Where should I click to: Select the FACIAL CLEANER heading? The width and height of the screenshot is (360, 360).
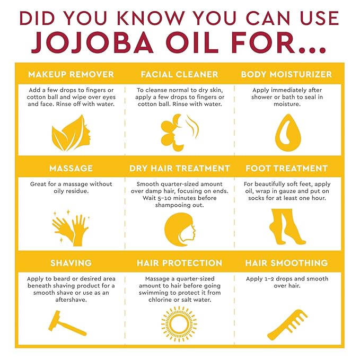[179, 74]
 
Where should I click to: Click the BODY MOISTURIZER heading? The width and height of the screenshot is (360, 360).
[286, 74]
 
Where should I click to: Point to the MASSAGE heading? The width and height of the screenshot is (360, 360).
[71, 168]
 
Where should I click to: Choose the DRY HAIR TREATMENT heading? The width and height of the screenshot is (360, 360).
[180, 168]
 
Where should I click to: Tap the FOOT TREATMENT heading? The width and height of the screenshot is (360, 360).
[286, 168]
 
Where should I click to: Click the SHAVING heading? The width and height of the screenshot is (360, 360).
[71, 262]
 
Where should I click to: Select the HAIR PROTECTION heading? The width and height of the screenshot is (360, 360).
[179, 262]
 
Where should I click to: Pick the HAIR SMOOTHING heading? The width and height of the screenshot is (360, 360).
[286, 262]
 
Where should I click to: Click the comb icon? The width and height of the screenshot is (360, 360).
[287, 324]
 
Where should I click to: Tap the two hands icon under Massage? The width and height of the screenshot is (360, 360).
[71, 228]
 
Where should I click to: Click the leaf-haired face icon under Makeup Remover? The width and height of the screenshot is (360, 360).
[71, 132]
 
